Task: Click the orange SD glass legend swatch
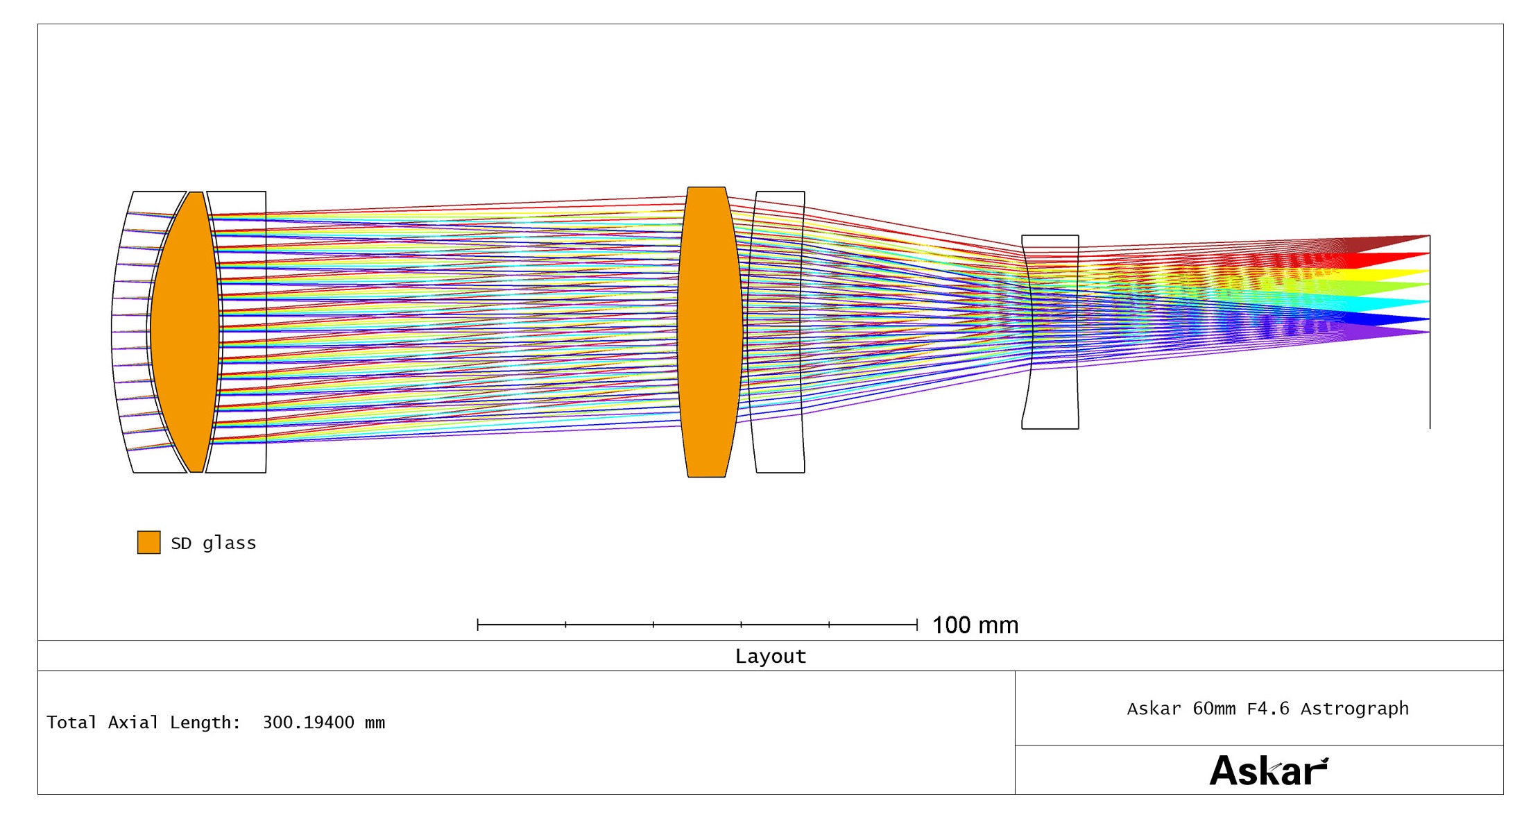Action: [148, 542]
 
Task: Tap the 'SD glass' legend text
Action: [214, 543]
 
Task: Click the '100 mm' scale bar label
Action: [975, 625]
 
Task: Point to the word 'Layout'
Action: [771, 656]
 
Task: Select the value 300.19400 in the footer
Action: [309, 722]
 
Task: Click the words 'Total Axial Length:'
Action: [144, 723]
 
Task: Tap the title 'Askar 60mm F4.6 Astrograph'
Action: [1268, 709]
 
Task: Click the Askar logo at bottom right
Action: [1269, 770]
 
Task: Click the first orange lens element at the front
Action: [185, 332]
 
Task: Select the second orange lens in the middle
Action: [710, 332]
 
